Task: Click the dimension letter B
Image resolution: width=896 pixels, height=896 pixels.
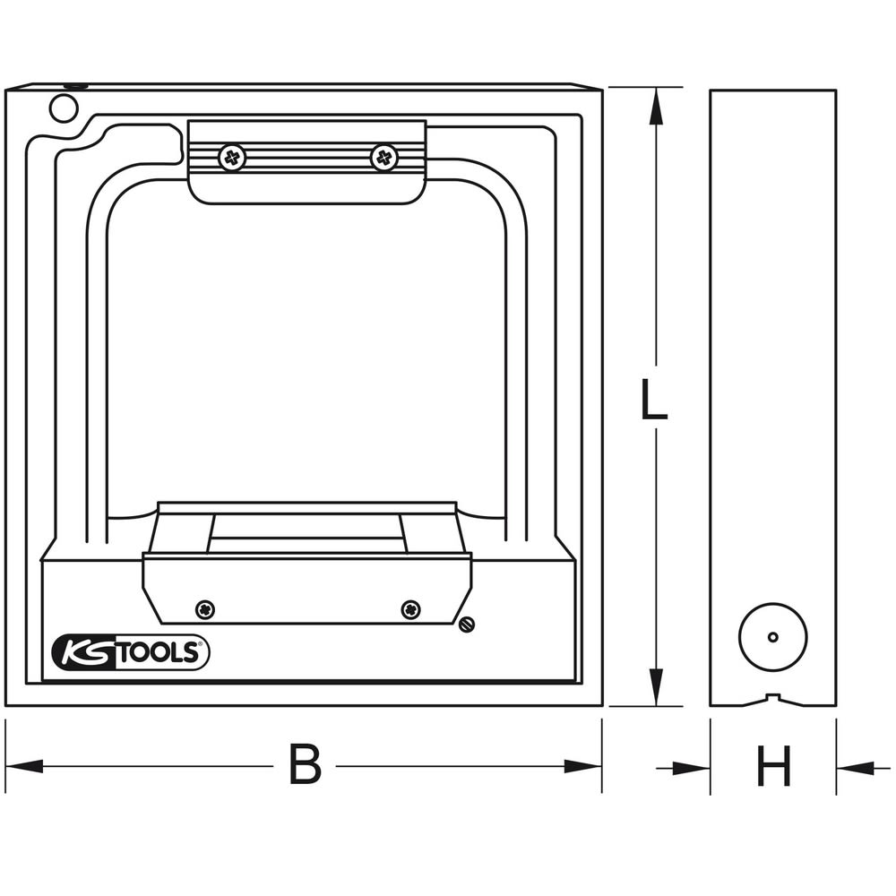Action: (305, 765)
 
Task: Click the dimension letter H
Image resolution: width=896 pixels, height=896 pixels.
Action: (773, 767)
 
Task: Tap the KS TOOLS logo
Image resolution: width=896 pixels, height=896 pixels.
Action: (131, 652)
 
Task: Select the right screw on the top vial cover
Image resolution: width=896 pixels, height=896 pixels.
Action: (383, 159)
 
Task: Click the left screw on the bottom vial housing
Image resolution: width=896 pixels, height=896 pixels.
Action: (205, 609)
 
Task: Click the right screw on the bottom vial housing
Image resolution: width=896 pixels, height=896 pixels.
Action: (410, 609)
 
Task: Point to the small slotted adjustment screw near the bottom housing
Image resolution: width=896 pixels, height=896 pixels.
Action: (464, 625)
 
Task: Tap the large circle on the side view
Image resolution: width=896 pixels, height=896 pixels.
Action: (772, 637)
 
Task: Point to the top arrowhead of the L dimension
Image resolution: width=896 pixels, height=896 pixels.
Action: (657, 105)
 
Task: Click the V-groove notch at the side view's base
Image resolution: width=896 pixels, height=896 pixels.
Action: (772, 699)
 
